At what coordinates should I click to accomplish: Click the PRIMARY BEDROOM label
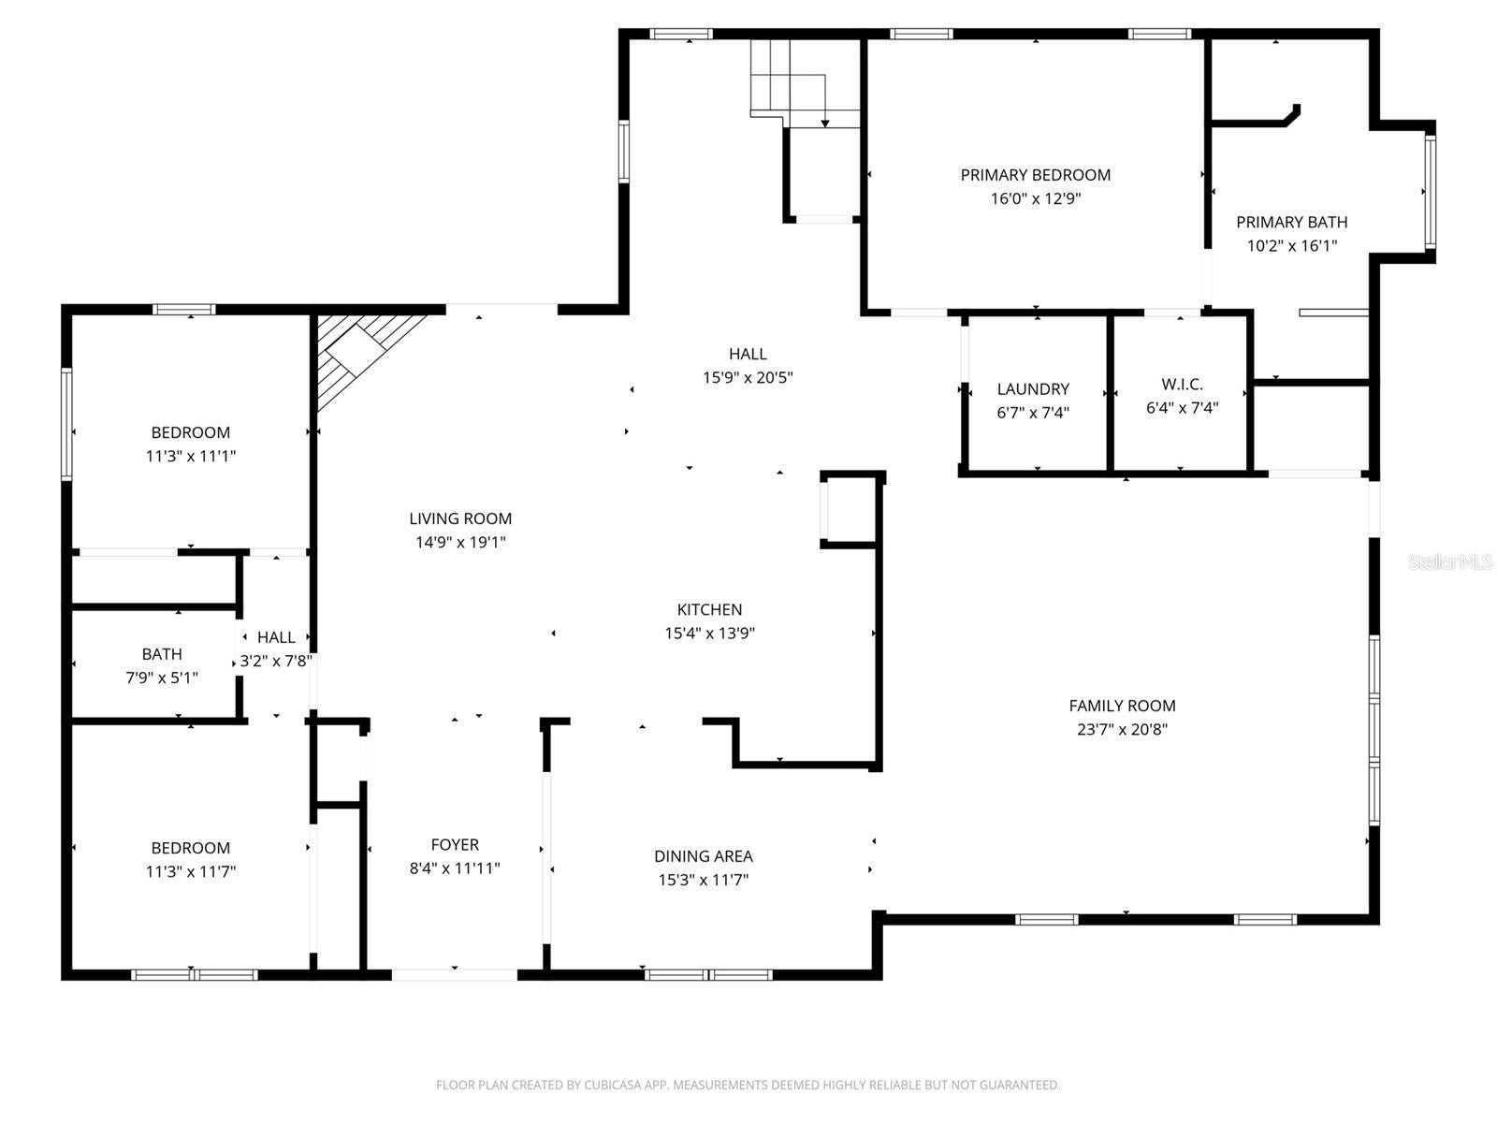(1035, 175)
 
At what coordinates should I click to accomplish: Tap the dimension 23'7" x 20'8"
(1122, 730)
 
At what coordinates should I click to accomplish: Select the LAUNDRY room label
(1033, 389)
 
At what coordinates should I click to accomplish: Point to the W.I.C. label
(1182, 385)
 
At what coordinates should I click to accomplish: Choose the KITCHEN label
(709, 610)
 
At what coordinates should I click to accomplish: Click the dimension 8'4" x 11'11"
(455, 868)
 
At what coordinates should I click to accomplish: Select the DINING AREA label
(703, 856)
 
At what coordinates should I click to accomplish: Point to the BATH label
(162, 654)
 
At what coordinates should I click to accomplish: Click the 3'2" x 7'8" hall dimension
(276, 661)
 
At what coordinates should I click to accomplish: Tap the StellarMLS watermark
(1449, 562)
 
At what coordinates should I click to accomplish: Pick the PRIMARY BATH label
(1291, 223)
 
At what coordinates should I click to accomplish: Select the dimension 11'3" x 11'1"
(190, 457)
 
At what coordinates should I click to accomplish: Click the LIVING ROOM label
(460, 518)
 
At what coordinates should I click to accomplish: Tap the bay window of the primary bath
(1430, 192)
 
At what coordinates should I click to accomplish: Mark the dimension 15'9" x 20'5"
(748, 378)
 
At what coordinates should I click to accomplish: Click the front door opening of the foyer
(454, 974)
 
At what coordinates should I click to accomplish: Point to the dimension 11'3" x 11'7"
(190, 872)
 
